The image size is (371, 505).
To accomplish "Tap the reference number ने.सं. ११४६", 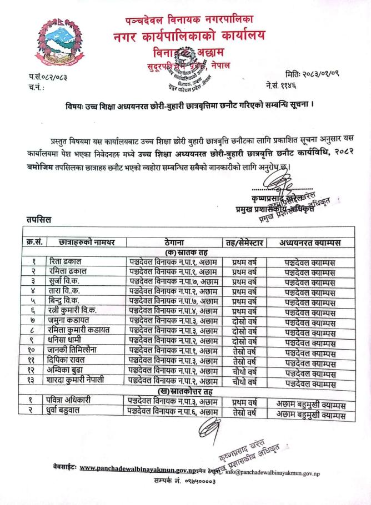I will point(284,87).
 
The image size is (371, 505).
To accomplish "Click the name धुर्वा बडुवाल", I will point(76,411).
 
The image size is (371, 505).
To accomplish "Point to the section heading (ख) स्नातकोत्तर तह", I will point(194,391).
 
